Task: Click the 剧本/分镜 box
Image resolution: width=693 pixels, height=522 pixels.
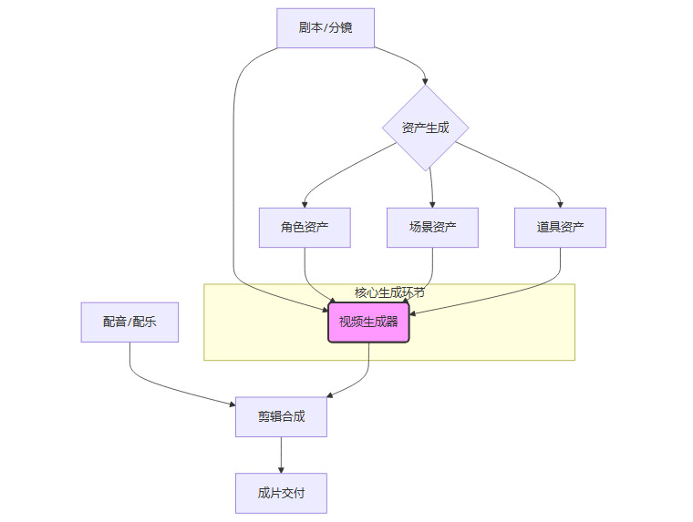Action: pyautogui.click(x=326, y=27)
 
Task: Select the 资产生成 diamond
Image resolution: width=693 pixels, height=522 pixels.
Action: pyautogui.click(x=425, y=128)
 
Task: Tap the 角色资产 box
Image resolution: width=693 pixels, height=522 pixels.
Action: pyautogui.click(x=305, y=228)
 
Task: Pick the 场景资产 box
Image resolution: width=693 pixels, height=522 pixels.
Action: pyautogui.click(x=432, y=228)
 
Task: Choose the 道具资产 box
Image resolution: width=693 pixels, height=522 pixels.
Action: pyautogui.click(x=560, y=228)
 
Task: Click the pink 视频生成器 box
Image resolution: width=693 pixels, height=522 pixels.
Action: pyautogui.click(x=368, y=322)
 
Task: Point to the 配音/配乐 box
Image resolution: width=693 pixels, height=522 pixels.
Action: pyautogui.click(x=129, y=322)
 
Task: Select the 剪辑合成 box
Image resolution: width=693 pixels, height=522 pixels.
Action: pyautogui.click(x=281, y=416)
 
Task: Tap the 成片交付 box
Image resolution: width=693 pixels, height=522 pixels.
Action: pyautogui.click(x=281, y=493)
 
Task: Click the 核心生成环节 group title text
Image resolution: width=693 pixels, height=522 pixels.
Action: pyautogui.click(x=389, y=292)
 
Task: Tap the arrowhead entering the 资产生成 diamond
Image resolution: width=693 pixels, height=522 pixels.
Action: pyautogui.click(x=425, y=81)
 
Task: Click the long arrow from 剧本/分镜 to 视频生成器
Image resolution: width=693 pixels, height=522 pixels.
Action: pyautogui.click(x=234, y=182)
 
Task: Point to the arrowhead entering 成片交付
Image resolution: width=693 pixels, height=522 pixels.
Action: pyautogui.click(x=281, y=469)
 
